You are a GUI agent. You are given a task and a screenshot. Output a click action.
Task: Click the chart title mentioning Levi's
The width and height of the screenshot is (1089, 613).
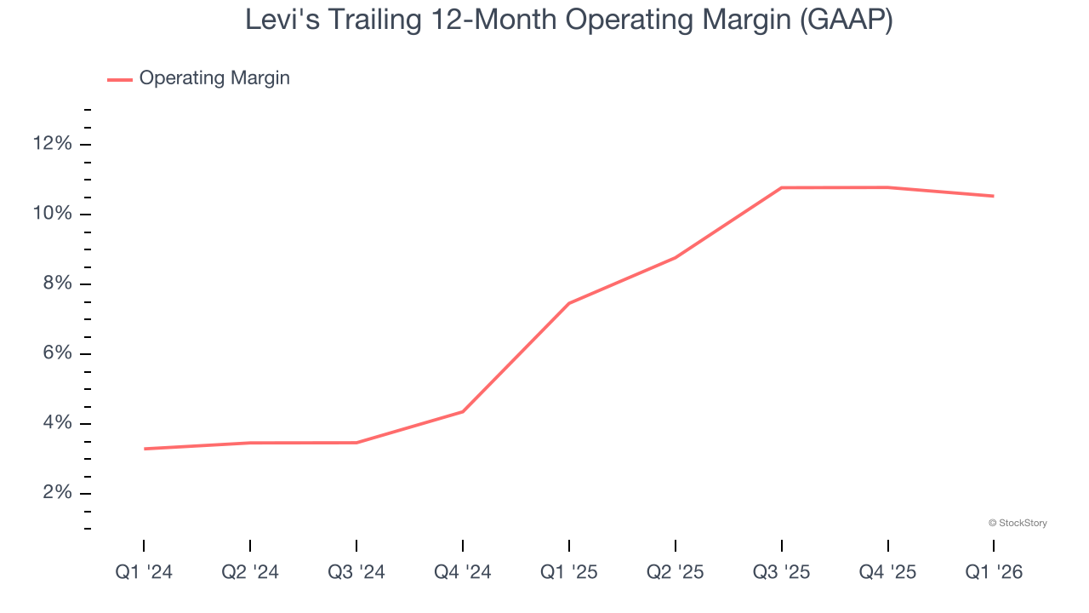568,19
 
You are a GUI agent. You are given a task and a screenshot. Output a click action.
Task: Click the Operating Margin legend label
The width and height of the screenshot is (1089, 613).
214,78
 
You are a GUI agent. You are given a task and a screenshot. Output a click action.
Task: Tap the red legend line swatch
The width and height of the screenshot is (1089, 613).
120,79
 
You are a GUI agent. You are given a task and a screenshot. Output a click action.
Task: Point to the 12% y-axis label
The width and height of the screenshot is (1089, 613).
52,144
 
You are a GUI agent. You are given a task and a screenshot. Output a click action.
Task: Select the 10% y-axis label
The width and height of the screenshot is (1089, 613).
52,214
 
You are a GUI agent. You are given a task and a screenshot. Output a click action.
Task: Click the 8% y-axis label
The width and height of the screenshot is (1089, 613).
56,284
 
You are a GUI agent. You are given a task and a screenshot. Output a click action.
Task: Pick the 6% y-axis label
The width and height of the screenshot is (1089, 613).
56,353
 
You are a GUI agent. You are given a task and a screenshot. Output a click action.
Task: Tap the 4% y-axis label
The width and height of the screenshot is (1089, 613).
56,423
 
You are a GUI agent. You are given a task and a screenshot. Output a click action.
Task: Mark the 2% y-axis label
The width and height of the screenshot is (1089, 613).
56,493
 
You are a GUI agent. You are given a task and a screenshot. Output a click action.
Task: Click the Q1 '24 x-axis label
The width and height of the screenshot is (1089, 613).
144,572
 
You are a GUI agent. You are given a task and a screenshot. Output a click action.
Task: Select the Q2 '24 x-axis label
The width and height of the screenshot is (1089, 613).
250,572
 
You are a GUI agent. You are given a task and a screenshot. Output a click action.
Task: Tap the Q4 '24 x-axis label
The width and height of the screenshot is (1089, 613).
463,572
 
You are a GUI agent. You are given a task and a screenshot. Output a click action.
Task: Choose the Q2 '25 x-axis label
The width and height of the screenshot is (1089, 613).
676,572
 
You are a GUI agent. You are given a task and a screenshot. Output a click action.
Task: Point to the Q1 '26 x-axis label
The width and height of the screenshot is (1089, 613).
994,572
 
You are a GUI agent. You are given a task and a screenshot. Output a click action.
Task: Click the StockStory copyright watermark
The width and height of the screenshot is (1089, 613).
1018,523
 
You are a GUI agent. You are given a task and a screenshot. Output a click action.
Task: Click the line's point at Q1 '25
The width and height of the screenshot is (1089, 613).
569,303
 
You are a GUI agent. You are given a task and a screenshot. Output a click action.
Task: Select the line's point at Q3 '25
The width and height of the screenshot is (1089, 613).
782,187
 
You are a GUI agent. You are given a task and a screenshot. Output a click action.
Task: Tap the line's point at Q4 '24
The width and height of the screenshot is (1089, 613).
463,411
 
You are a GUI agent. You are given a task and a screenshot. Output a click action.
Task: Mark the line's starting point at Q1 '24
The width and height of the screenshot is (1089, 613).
145,449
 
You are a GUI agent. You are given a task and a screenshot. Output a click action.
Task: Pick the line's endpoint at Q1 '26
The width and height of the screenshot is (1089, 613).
993,196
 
